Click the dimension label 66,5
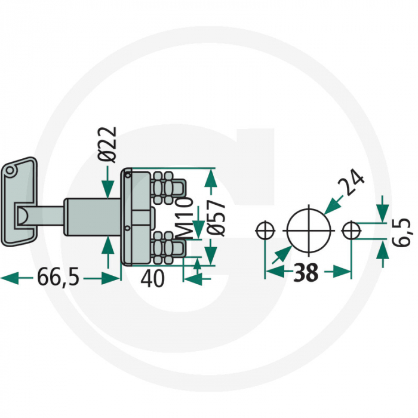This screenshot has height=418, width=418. click(59, 277)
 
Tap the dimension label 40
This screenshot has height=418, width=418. click(152, 278)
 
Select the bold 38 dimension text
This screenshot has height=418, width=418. click(306, 272)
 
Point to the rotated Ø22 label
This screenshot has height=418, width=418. click(107, 145)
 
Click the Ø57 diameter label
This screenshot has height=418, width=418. click(216, 218)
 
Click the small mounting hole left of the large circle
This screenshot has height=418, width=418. click(265, 230)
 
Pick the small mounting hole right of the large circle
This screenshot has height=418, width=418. click(352, 230)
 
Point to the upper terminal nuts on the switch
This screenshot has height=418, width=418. click(164, 188)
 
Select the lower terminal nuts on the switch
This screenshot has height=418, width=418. click(164, 247)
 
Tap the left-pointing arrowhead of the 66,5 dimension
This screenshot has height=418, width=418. click(10, 278)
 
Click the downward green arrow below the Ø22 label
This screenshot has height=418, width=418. click(107, 182)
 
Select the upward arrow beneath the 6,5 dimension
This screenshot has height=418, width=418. click(383, 254)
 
